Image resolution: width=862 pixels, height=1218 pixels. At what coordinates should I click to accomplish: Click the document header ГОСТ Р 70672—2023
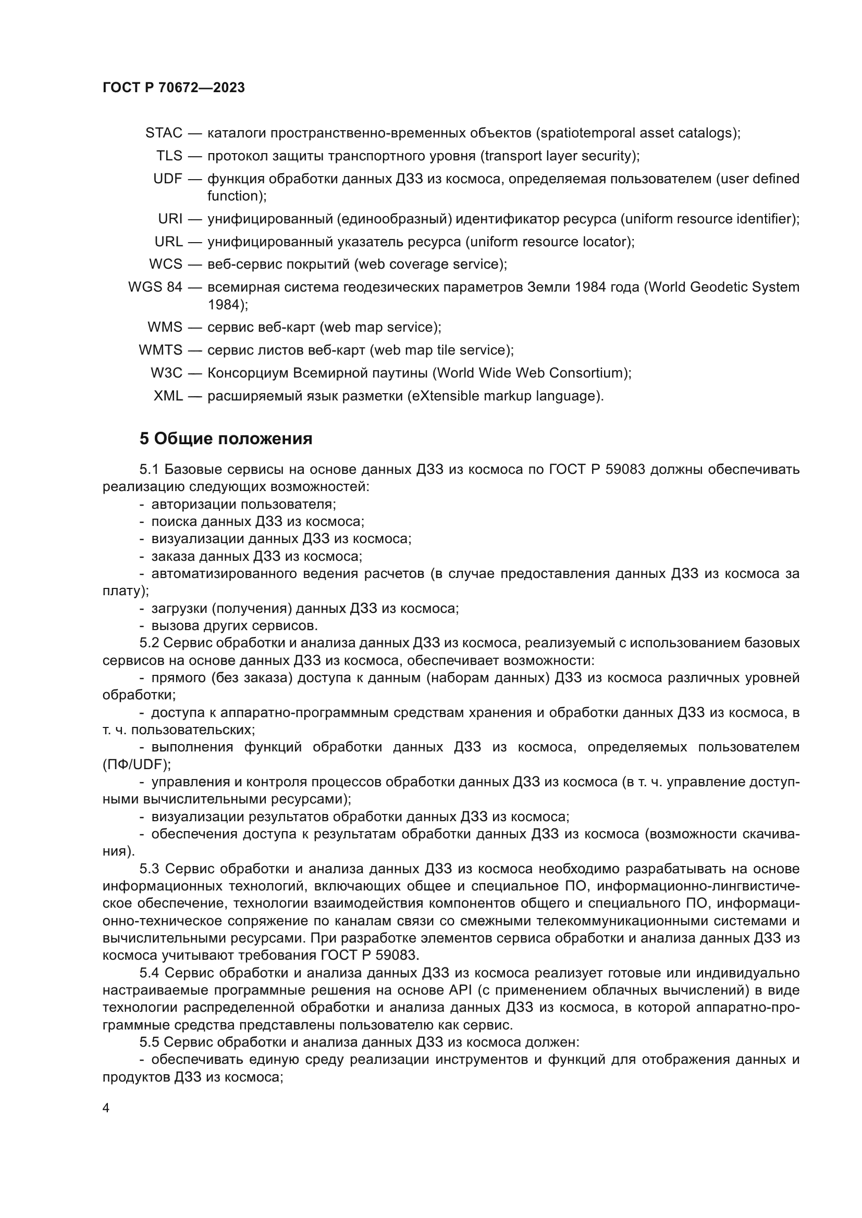[x=174, y=87]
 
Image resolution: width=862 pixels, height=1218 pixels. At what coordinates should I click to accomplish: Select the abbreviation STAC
[x=164, y=133]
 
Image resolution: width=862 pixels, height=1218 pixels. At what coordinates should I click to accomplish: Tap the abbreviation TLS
[x=169, y=156]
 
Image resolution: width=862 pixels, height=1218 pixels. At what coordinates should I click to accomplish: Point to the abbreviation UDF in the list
[x=167, y=179]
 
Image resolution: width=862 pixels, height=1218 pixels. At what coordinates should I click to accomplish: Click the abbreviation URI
[x=170, y=219]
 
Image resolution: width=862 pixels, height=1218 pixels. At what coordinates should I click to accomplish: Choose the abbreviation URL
[x=168, y=242]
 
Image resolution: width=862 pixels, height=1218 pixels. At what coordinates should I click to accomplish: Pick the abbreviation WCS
[x=165, y=264]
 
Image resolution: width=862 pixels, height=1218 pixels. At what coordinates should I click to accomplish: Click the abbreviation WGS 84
[x=155, y=287]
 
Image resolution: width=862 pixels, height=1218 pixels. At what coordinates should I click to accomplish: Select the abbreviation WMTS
[x=161, y=350]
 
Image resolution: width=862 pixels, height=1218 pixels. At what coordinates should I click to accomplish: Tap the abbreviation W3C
[x=166, y=373]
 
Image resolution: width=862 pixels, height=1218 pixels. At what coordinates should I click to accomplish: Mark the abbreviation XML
[x=168, y=396]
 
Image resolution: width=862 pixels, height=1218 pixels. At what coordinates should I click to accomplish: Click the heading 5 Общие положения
[x=226, y=438]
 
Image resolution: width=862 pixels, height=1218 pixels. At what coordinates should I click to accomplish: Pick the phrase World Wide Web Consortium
[x=531, y=373]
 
